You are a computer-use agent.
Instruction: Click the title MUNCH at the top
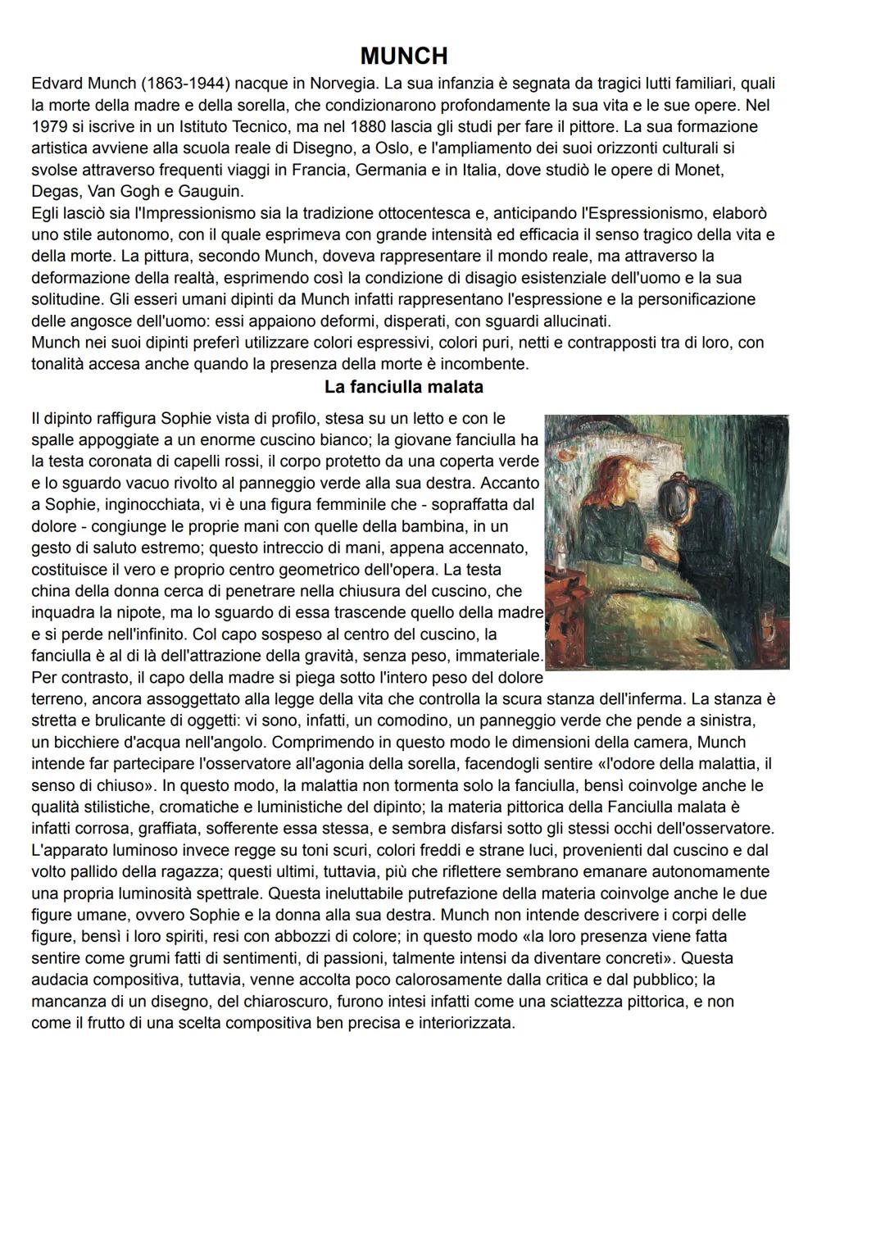click(x=403, y=56)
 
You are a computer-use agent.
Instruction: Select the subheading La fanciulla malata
click(x=403, y=387)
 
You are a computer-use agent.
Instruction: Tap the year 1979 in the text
click(x=49, y=127)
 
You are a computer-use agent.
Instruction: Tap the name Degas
click(x=55, y=192)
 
